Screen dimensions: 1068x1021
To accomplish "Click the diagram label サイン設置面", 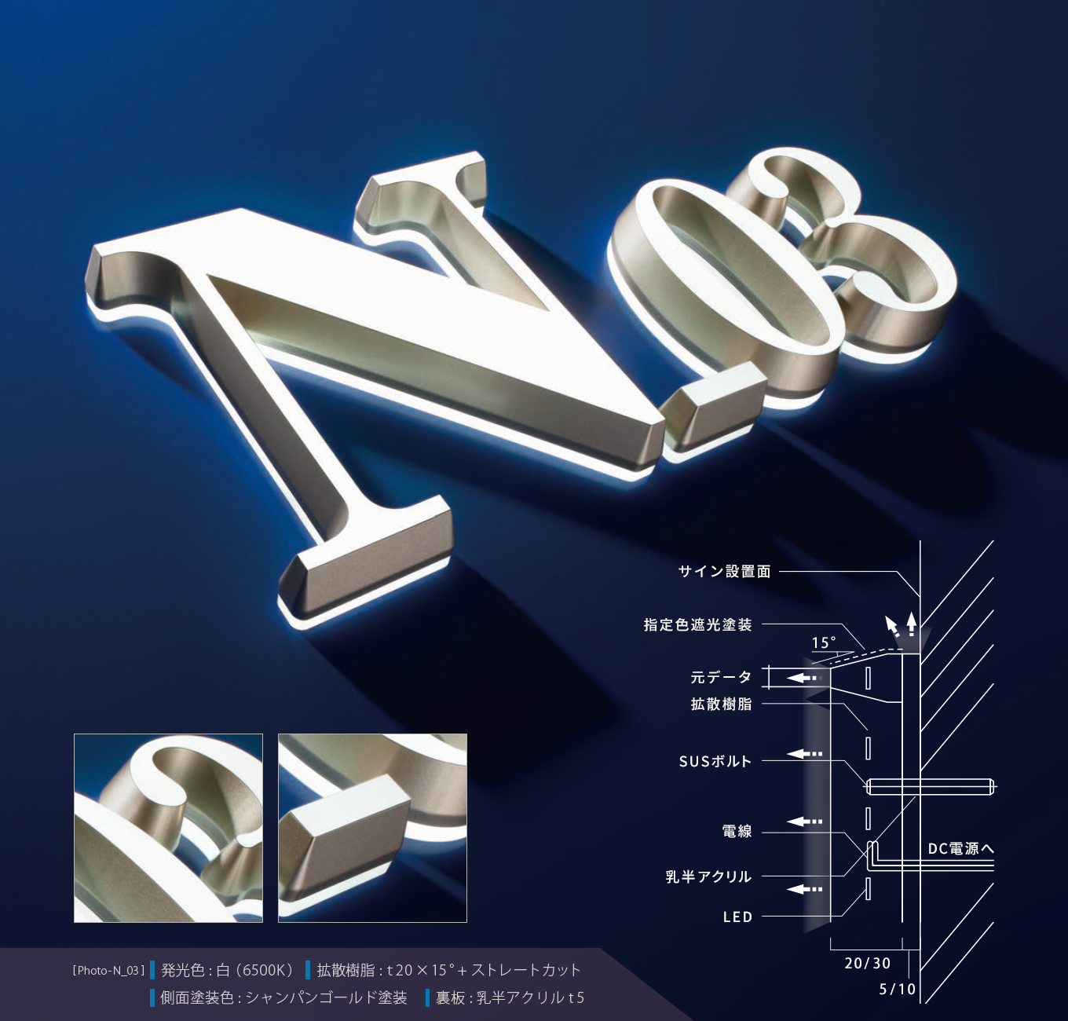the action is [725, 572].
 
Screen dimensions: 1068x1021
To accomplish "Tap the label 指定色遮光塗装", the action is [697, 624].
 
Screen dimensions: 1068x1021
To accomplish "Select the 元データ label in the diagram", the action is [721, 677].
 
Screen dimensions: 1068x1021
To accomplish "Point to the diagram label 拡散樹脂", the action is [721, 704].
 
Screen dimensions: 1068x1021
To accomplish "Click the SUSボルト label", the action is [715, 761].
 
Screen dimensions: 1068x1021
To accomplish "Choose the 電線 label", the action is [737, 831].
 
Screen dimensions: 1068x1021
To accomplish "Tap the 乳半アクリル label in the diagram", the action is [708, 876].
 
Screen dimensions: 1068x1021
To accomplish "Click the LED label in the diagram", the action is [737, 917].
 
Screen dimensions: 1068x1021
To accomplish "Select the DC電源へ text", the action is [960, 849].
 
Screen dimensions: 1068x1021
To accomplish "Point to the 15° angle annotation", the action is [824, 642].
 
